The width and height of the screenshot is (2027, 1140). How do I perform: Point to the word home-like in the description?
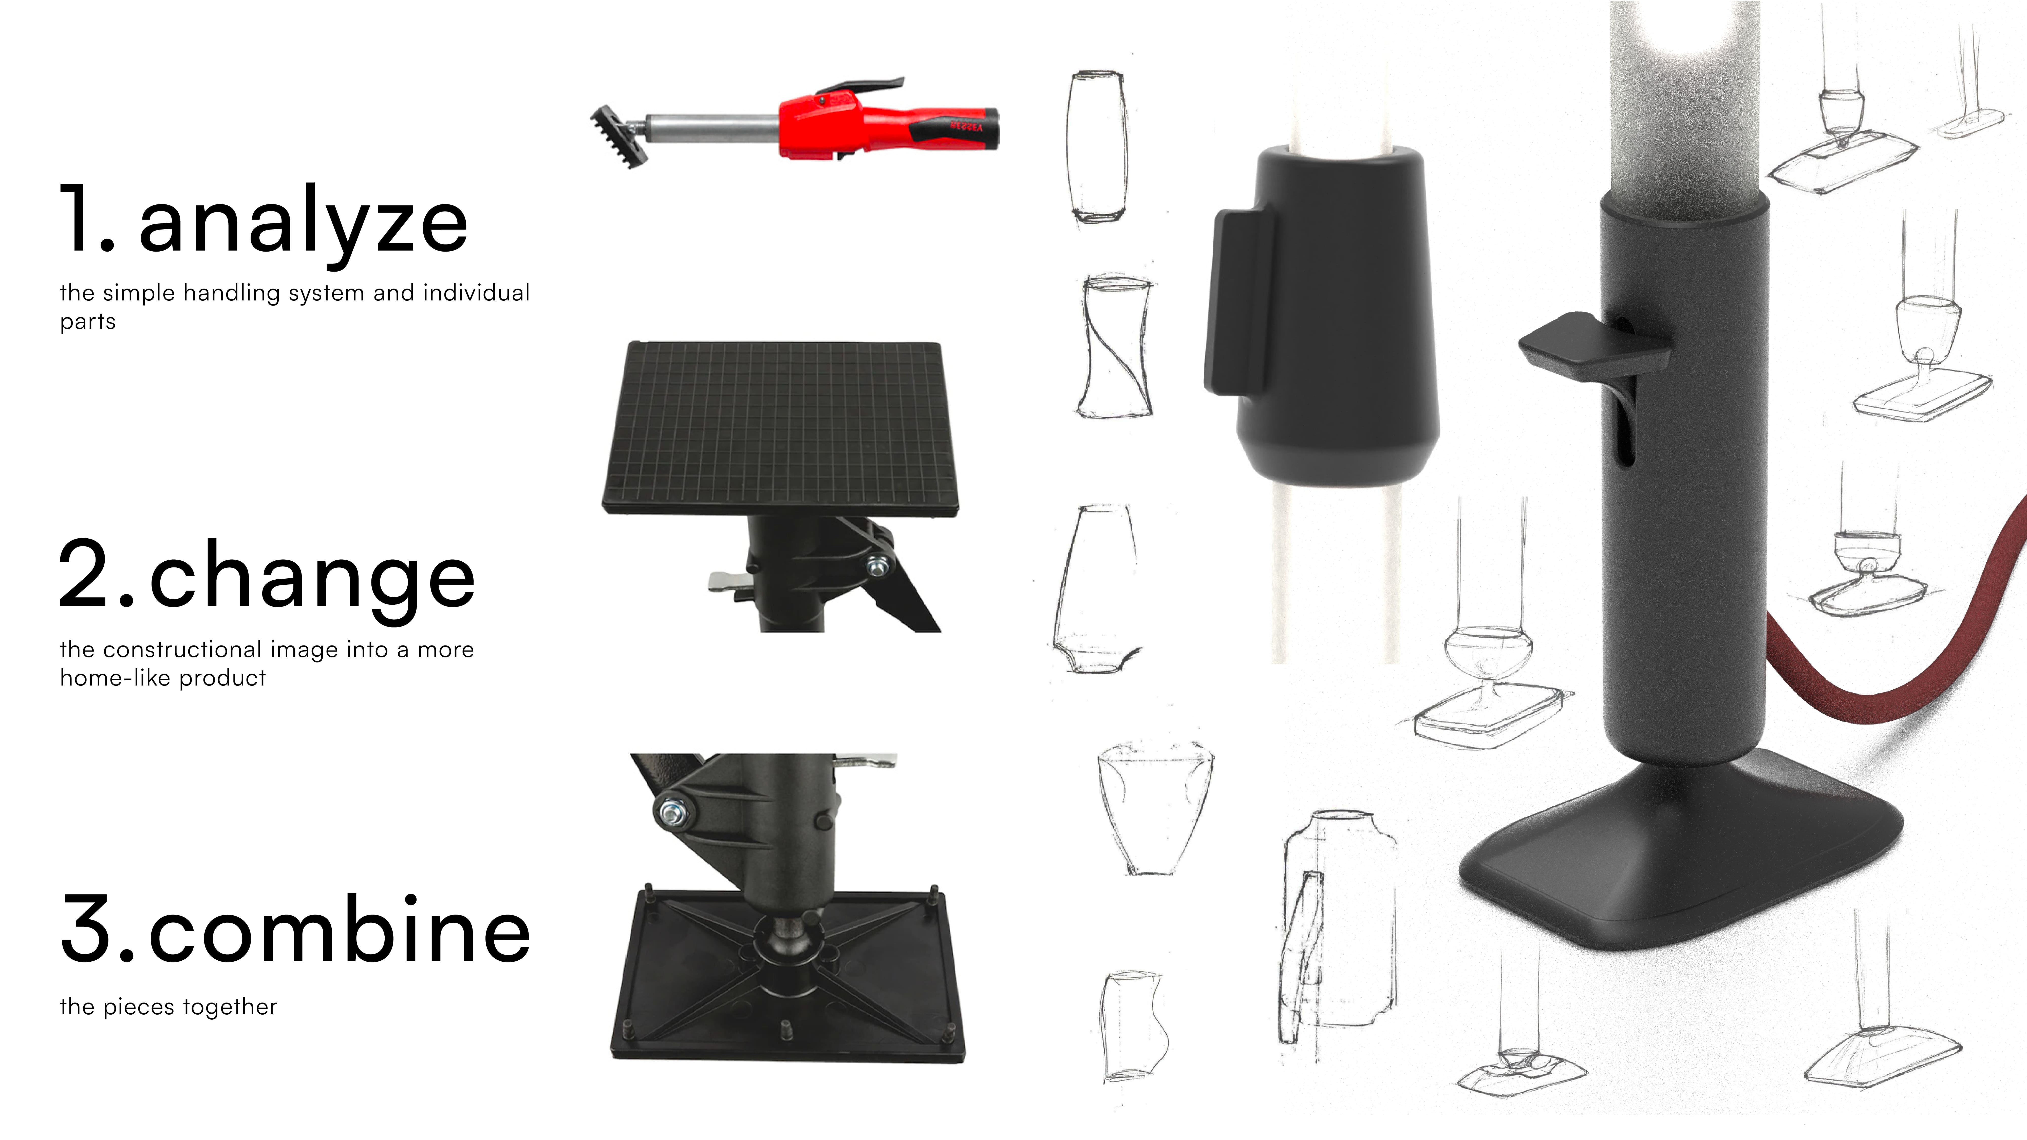pyautogui.click(x=117, y=677)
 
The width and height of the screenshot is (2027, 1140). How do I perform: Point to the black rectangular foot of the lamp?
pyautogui.click(x=1680, y=854)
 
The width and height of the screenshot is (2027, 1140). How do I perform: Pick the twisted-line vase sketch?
pyautogui.click(x=1116, y=346)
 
